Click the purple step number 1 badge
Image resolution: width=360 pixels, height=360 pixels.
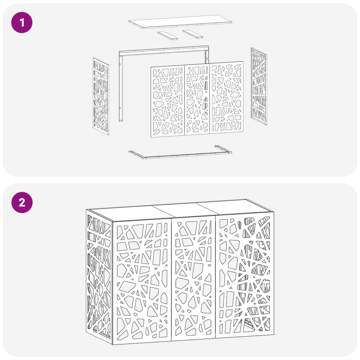(22, 23)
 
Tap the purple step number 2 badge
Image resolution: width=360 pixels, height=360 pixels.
(22, 202)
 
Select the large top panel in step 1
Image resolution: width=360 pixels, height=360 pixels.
(180, 22)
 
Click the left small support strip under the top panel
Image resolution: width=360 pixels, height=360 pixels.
(168, 36)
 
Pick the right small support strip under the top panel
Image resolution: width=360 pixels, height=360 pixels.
(193, 34)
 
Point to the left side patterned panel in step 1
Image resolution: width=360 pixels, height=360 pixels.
(101, 96)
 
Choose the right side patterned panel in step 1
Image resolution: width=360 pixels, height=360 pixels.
(259, 86)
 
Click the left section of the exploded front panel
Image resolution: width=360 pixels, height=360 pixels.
(168, 102)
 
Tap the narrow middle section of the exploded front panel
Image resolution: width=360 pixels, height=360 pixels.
(197, 99)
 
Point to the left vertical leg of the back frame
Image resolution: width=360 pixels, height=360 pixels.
(121, 87)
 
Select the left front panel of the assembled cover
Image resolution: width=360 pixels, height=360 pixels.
(142, 282)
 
